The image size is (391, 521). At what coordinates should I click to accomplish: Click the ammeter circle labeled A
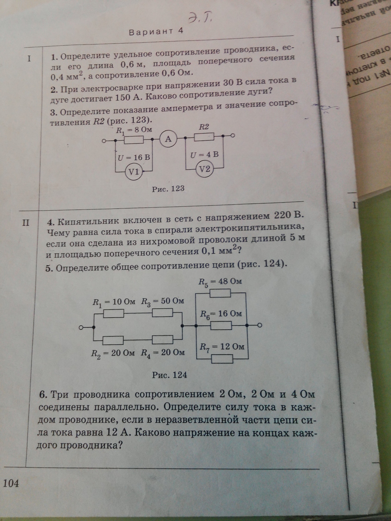coord(168,139)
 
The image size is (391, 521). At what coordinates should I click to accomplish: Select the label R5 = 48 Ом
coord(220,282)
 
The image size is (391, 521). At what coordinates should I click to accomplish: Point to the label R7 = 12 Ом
coord(222,347)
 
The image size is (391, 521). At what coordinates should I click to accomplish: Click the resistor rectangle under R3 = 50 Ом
coord(162,313)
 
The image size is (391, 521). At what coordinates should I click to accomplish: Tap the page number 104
coord(11,483)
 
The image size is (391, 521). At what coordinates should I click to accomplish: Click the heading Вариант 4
coord(157,32)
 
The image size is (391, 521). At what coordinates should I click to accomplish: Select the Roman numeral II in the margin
coord(26,223)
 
